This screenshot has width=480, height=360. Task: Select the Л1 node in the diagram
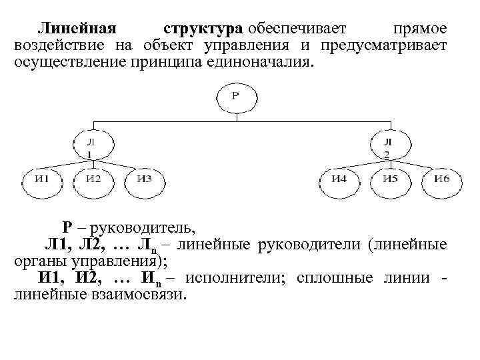[93, 146]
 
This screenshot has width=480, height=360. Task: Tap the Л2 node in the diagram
[387, 146]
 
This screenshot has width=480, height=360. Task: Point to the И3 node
[143, 178]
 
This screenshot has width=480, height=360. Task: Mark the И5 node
[390, 178]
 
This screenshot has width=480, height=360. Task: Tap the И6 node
[441, 178]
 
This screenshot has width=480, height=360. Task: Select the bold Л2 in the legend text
[97, 245]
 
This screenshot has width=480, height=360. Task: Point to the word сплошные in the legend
[332, 278]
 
